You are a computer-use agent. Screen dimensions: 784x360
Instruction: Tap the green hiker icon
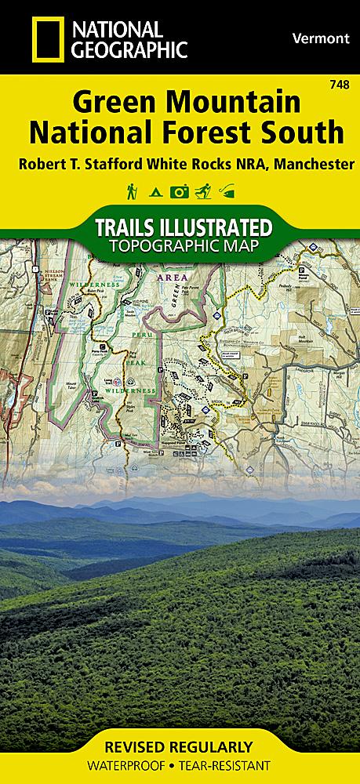pyautogui.click(x=131, y=191)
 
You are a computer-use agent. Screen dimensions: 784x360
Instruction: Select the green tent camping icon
pyautogui.click(x=155, y=191)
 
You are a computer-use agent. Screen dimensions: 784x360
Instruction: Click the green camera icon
pyautogui.click(x=180, y=191)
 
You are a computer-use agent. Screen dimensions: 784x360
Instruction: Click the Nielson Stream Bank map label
pyautogui.click(x=49, y=271)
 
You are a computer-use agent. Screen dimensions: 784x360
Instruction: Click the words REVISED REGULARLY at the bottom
pyautogui.click(x=180, y=746)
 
